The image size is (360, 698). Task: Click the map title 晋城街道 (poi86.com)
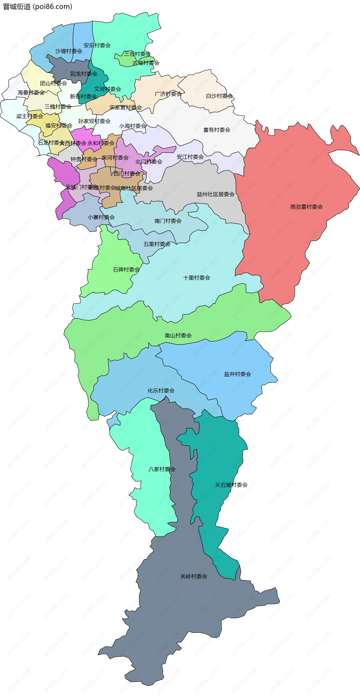[37, 7]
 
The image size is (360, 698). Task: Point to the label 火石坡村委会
[231, 485]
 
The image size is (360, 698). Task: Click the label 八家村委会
[162, 469]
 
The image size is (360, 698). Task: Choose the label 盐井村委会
[237, 374]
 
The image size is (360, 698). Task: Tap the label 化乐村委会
[161, 391]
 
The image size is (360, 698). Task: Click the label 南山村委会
[178, 335]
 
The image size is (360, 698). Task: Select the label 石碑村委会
[126, 270]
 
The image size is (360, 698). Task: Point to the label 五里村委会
[157, 244]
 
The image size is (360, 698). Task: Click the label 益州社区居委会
[215, 194]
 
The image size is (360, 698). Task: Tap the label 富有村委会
[217, 130]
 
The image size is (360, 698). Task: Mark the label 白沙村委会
[219, 96]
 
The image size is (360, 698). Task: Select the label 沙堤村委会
[69, 51]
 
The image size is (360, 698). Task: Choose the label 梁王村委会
[29, 116]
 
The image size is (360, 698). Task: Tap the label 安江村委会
[190, 157]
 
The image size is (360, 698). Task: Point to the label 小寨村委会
[101, 217]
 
